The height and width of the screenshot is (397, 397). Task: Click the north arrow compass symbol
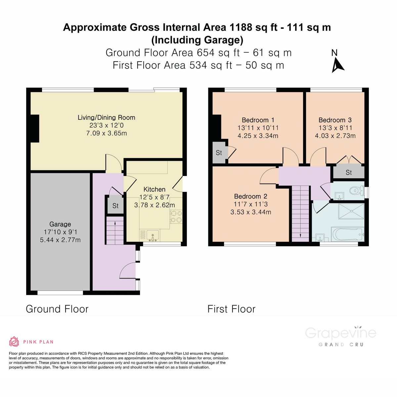coord(337,65)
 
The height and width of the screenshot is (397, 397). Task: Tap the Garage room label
coord(60,224)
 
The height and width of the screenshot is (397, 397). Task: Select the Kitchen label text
coord(154,189)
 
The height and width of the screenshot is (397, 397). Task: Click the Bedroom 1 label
coord(258,120)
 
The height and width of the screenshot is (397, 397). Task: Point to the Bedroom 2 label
coord(250,196)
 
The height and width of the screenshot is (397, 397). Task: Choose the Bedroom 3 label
coord(335,120)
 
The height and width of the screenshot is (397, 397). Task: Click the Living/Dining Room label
coord(106,117)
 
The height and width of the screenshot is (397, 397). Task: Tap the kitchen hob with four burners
coord(176,217)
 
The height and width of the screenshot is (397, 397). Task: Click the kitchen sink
coord(153,235)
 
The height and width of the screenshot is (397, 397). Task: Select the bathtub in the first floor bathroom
coord(347,234)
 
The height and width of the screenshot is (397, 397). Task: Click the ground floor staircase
coord(115,231)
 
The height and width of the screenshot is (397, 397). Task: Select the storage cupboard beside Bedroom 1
coord(219,153)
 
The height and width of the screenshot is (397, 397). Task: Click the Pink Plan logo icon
coord(14,341)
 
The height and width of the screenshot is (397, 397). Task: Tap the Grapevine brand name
coord(340,333)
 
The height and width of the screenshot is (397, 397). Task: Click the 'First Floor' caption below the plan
coord(231,309)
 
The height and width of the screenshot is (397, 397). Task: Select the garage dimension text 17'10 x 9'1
coord(60,232)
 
